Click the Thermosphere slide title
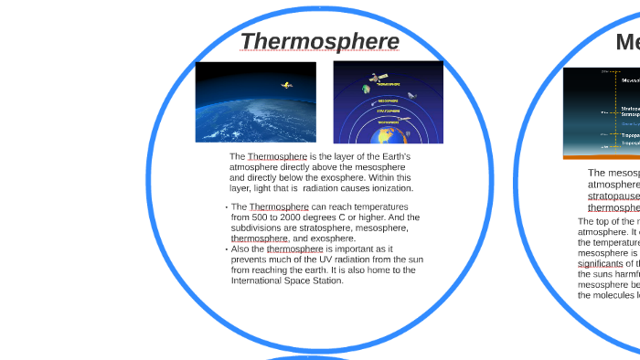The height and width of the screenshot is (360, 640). (320, 42)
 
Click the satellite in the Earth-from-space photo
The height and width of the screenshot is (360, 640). (286, 85)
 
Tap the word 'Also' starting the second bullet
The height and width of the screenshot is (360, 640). (242, 249)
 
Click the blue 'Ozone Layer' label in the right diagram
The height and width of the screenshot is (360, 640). (631, 123)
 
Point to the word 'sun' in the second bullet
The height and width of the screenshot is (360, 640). (415, 259)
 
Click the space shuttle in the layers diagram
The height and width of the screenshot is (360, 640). (412, 95)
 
